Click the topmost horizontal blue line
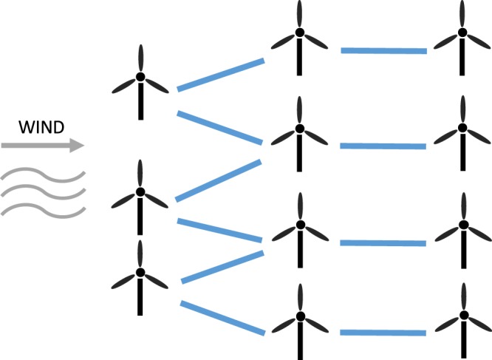coord(383,51)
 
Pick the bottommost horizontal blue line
coord(383,333)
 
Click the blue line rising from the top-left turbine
coord(221,75)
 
